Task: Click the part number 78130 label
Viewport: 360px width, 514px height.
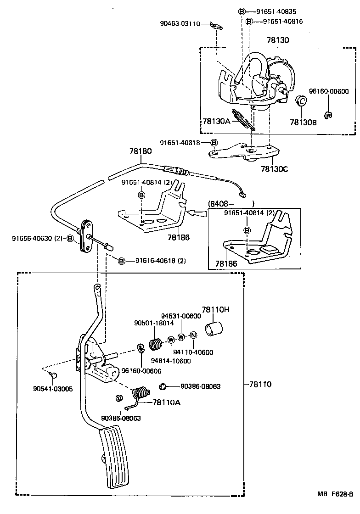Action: pos(278,40)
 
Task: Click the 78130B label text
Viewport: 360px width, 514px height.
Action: pos(303,122)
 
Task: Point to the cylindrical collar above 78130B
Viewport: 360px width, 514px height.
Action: pos(301,101)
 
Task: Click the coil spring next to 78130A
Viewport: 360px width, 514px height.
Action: pos(242,121)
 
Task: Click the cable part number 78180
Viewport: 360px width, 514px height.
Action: pos(141,151)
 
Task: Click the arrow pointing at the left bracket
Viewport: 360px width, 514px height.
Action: pos(196,212)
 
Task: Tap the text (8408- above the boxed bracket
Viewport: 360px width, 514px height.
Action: pos(223,203)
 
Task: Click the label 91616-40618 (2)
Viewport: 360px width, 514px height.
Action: pos(160,261)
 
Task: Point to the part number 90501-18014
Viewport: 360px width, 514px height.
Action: pos(154,323)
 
